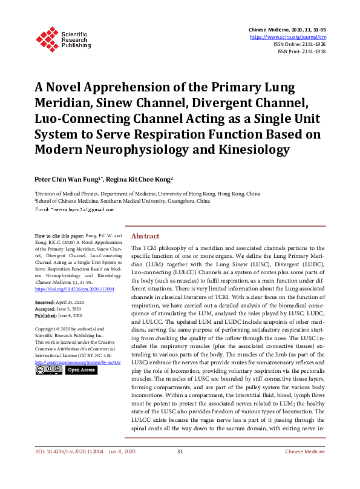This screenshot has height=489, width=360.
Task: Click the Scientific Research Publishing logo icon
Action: tap(47, 38)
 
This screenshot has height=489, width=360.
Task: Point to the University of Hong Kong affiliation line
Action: tap(149, 194)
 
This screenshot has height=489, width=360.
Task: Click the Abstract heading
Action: tap(145, 236)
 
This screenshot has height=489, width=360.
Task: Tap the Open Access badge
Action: tap(80, 370)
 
